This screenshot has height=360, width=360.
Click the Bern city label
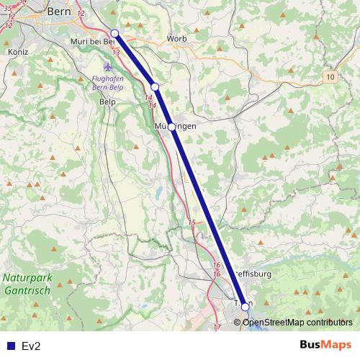[x=57, y=12]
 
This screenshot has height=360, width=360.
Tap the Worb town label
[x=176, y=38]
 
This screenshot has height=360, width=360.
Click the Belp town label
[x=107, y=102]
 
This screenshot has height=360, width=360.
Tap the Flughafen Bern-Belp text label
[x=108, y=84]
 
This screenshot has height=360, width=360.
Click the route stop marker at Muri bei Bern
[x=114, y=33]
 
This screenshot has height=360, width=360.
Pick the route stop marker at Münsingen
[x=172, y=127]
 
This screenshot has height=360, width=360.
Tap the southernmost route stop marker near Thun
[x=246, y=307]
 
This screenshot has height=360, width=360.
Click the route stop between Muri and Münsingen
[x=155, y=87]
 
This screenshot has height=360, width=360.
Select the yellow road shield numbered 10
[x=330, y=76]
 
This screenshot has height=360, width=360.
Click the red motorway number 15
[x=191, y=223]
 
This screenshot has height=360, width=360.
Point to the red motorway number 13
[x=116, y=52]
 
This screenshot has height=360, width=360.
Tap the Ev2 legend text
[x=31, y=346]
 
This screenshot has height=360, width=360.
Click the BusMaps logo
[x=325, y=345]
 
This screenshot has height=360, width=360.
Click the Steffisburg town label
[x=252, y=274]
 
